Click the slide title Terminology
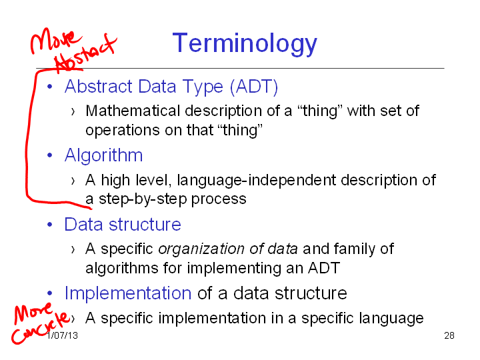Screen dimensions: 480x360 click(x=245, y=44)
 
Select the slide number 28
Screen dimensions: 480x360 click(x=449, y=335)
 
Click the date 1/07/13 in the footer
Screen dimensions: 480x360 click(x=62, y=335)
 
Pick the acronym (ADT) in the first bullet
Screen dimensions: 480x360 click(x=254, y=87)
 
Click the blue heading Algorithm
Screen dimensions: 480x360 click(x=103, y=155)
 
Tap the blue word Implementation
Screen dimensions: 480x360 click(x=128, y=293)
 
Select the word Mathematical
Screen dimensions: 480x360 click(x=133, y=111)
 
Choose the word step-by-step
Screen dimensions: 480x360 click(x=143, y=199)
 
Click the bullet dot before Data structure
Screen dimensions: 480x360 click(x=50, y=225)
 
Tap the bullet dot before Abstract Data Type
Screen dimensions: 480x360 click(x=50, y=87)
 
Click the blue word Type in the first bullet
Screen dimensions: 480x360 click(x=203, y=87)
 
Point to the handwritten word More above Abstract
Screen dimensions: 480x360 click(x=55, y=41)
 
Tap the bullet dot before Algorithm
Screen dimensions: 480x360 click(x=50, y=155)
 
